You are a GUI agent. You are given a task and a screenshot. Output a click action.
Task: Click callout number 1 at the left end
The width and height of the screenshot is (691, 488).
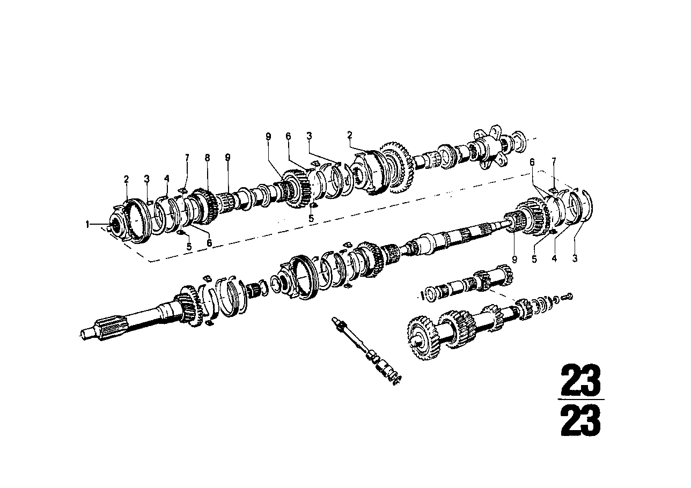[x=87, y=225]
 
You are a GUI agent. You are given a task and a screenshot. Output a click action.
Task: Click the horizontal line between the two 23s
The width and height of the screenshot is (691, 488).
[x=580, y=400]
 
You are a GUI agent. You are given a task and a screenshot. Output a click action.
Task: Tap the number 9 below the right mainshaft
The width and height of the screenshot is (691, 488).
[x=514, y=259]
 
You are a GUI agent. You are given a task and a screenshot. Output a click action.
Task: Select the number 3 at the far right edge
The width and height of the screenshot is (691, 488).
[x=575, y=259]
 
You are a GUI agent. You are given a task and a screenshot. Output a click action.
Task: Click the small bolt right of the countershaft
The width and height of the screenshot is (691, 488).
[x=569, y=295]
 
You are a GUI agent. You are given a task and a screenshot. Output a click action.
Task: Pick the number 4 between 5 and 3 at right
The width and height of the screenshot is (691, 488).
[x=555, y=259]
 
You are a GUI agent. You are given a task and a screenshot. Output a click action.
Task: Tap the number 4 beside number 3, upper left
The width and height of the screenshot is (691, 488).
[x=166, y=180]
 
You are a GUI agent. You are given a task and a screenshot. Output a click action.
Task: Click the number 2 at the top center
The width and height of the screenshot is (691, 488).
[x=349, y=135]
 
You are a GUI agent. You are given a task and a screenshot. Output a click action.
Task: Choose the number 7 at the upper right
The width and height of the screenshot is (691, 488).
[x=554, y=161]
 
